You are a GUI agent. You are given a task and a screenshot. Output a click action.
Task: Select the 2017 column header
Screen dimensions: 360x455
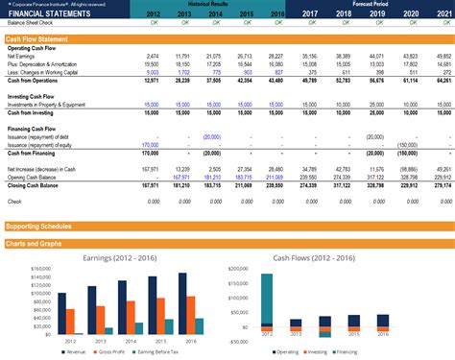[x=310, y=13]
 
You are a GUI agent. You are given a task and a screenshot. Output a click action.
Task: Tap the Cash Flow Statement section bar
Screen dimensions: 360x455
[x=37, y=38]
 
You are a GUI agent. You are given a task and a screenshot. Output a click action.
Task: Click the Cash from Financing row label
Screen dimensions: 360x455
[x=31, y=152]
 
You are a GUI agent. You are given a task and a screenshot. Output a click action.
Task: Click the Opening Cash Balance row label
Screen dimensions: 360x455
[x=33, y=177]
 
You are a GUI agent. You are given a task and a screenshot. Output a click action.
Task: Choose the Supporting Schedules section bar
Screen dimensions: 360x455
[x=43, y=227]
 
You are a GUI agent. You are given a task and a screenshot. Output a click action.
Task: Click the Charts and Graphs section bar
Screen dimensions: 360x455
[x=39, y=242]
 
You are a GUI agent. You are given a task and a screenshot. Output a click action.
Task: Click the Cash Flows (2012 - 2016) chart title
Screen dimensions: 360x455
[x=335, y=257]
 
